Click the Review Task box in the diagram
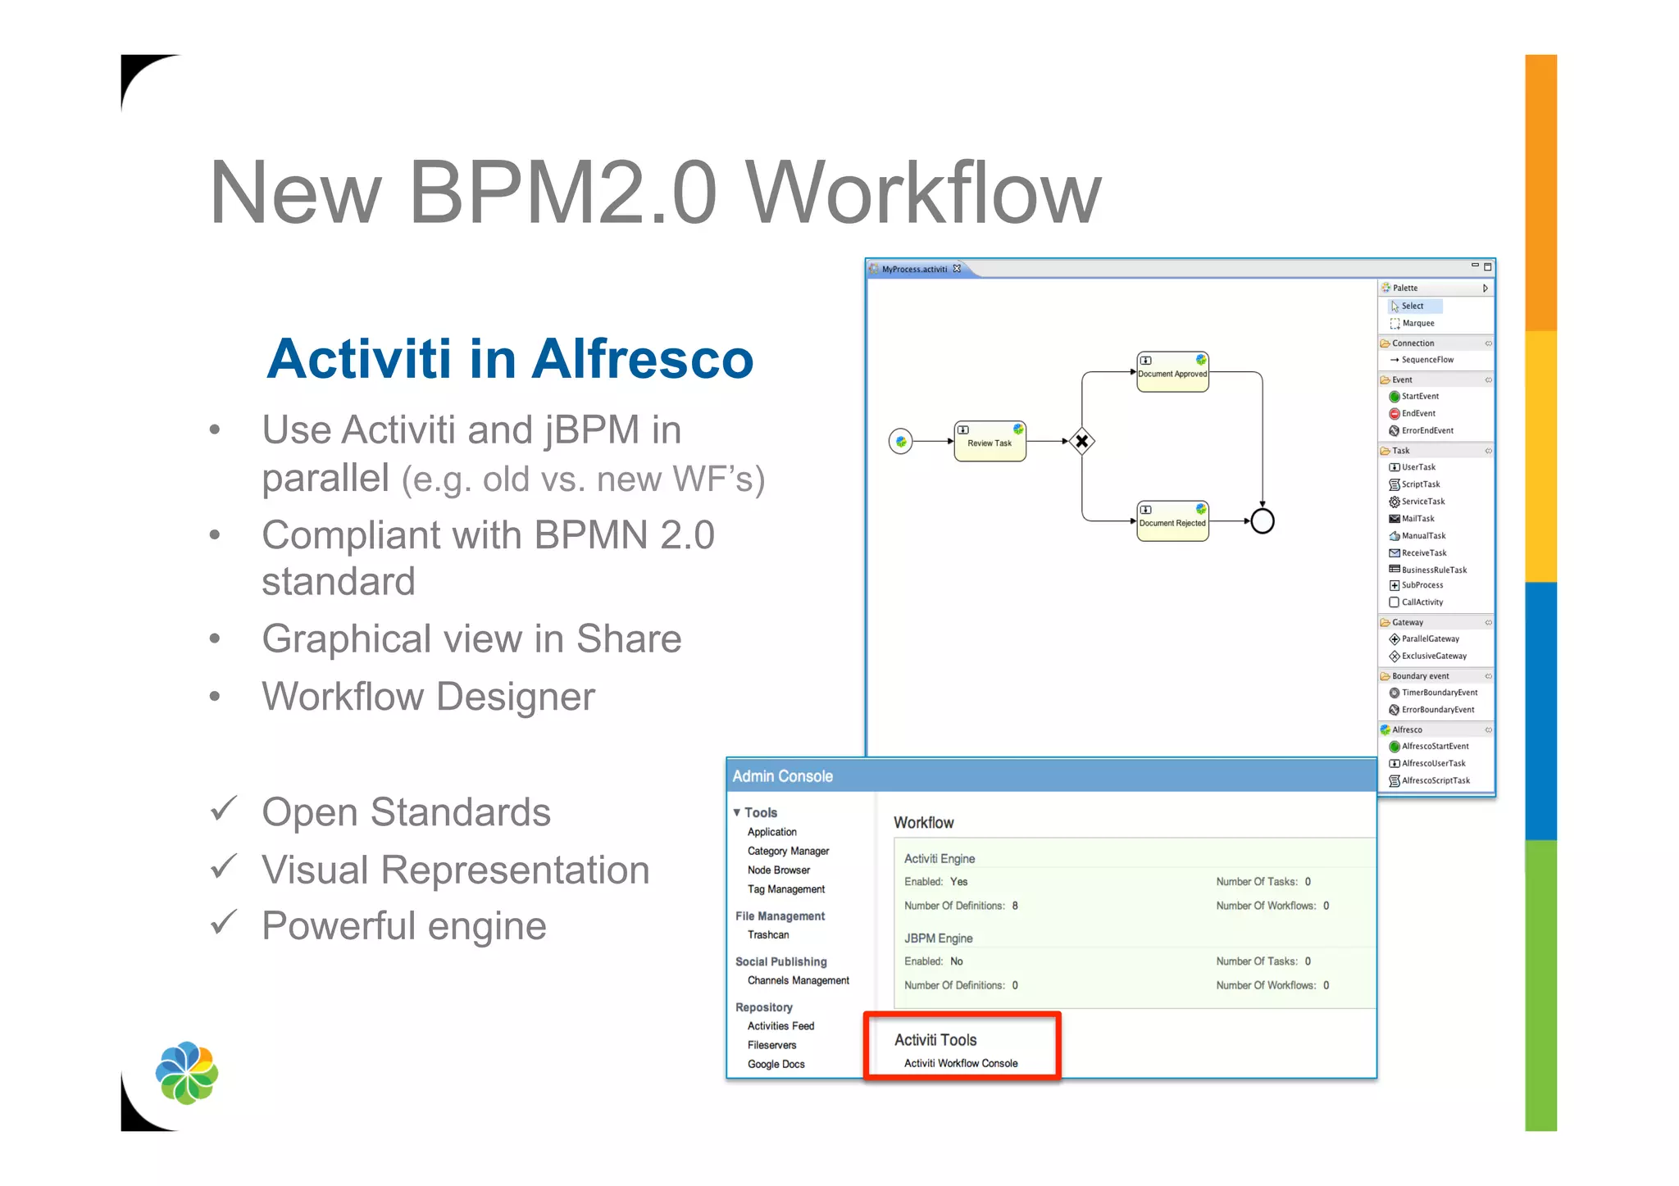pos(990,442)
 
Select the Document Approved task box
pos(1172,372)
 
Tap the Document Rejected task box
pos(1172,521)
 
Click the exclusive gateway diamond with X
pos(1082,441)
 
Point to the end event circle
pos(1263,521)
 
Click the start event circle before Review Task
pos(900,442)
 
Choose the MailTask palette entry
pos(1417,519)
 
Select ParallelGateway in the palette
pos(1430,639)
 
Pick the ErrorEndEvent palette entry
pos(1426,431)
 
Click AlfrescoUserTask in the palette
pos(1432,764)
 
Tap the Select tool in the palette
pos(1412,307)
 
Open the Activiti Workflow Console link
pos(961,1064)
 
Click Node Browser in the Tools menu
pos(778,870)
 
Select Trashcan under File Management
pos(768,935)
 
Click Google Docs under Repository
pos(776,1065)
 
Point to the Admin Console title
pos(782,776)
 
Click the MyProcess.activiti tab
pos(913,270)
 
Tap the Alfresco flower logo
pos(187,1073)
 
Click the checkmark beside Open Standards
pos(223,810)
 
